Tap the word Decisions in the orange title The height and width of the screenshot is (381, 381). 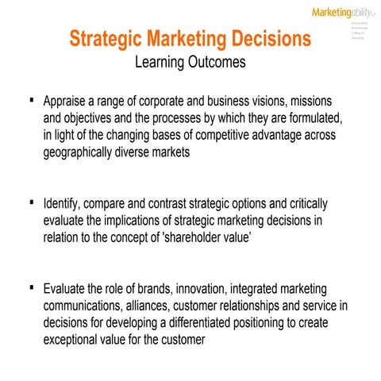pos(267,39)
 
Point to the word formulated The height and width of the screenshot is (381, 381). pos(310,119)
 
